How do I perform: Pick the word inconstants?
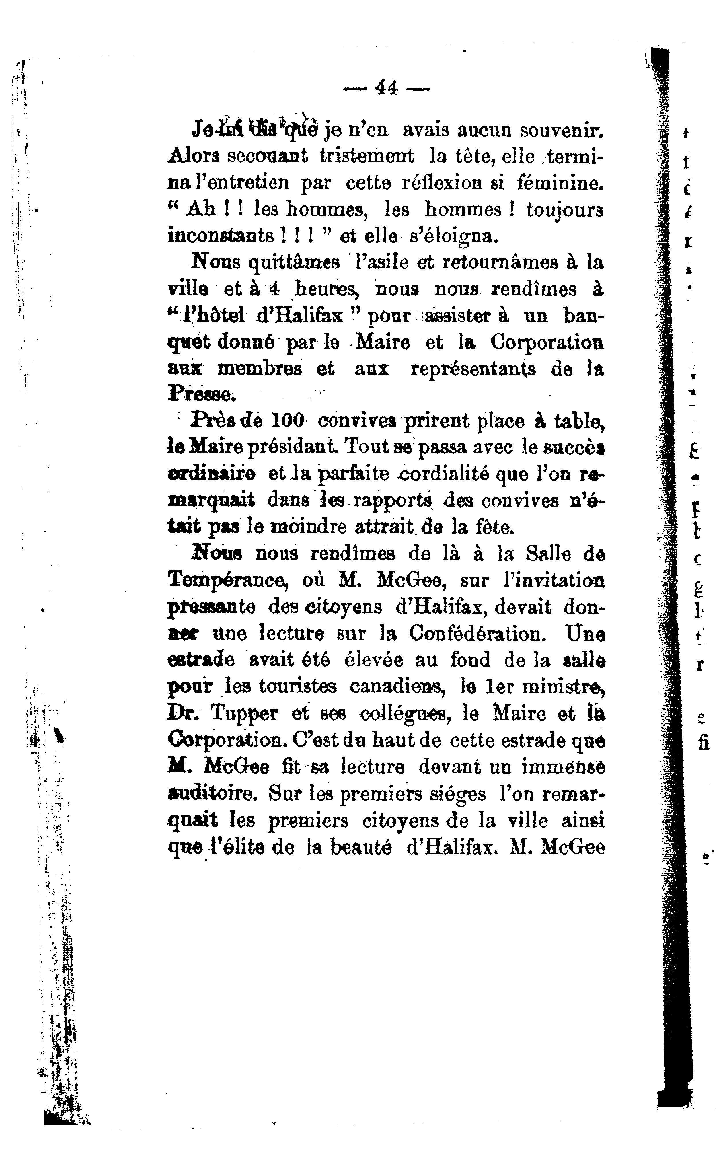coord(221,236)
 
